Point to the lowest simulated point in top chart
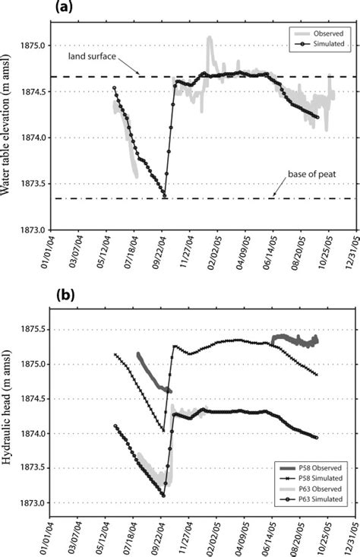coord(165,198)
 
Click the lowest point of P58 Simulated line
coord(163,431)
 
